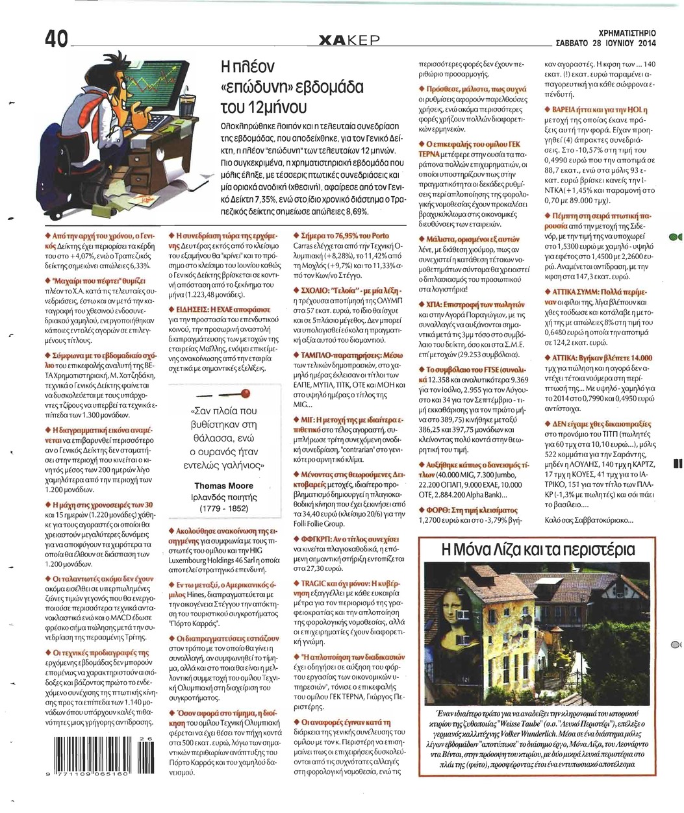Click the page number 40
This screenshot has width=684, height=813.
point(56,40)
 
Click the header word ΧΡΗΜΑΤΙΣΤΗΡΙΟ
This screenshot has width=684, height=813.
point(627,32)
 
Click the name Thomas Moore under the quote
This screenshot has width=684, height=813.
point(219,486)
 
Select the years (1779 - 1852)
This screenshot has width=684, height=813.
point(219,507)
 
